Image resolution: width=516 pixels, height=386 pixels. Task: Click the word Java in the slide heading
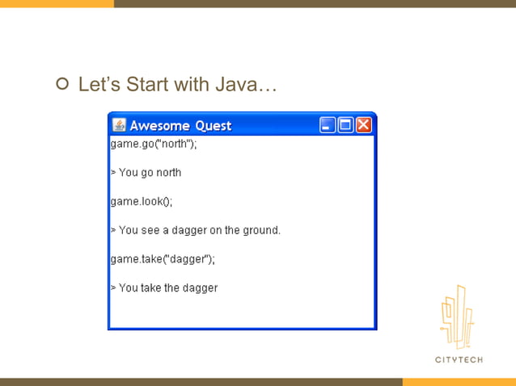239,85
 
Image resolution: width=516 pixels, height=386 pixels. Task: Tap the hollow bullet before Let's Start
62,85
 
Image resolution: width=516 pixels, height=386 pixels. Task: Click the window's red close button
364,125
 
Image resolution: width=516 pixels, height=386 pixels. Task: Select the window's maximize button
346,125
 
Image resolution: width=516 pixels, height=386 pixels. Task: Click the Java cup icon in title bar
119,125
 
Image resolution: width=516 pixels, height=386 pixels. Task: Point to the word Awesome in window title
160,126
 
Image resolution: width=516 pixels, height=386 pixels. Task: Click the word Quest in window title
213,126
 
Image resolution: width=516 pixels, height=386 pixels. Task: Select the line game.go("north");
154,144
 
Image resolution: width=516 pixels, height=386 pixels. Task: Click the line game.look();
142,201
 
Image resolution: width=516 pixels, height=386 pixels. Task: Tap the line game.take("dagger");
163,259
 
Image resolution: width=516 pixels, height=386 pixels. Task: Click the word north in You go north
168,173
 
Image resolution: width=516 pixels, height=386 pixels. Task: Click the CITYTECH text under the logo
459,359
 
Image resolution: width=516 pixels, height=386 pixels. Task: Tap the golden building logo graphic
458,317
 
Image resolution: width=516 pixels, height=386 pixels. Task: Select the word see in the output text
150,230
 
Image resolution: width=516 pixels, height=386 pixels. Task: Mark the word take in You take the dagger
149,288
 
